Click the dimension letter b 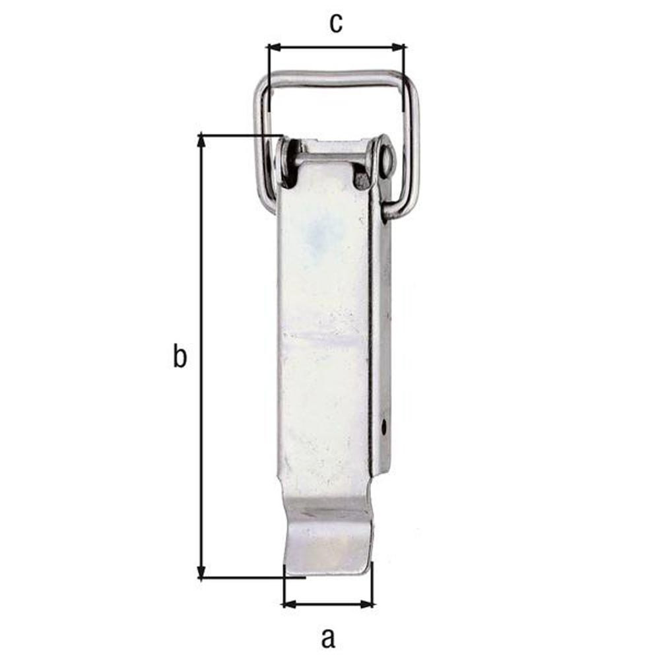pos(180,356)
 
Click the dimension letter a pos(328,638)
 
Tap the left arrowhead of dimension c pos(275,47)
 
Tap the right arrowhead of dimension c pos(398,47)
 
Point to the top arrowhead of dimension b pos(201,141)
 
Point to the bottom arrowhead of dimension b pos(201,572)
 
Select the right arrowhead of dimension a pos(366,605)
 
